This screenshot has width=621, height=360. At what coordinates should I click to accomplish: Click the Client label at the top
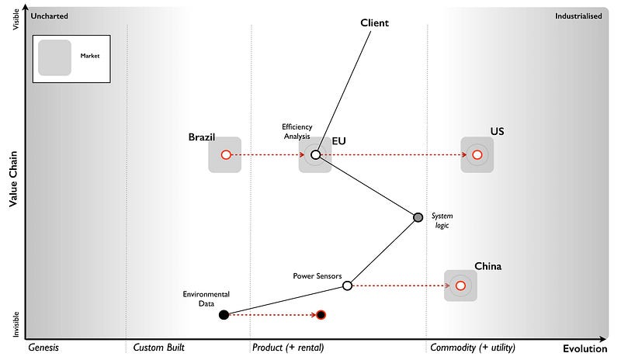pyautogui.click(x=374, y=22)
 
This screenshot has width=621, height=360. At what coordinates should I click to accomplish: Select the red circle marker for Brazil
pyautogui.click(x=225, y=155)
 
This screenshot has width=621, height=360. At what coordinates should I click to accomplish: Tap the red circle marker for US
pyautogui.click(x=477, y=155)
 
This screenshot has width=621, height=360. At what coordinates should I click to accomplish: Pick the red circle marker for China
pyautogui.click(x=460, y=286)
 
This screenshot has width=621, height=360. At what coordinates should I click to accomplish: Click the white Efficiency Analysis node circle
pyautogui.click(x=315, y=155)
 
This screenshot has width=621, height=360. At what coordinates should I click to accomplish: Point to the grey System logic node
pyautogui.click(x=418, y=217)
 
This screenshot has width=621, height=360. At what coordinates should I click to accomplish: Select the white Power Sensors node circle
pyautogui.click(x=347, y=286)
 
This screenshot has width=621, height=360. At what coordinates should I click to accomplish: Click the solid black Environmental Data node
pyautogui.click(x=224, y=315)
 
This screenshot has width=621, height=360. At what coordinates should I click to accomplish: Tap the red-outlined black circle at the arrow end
pyautogui.click(x=321, y=315)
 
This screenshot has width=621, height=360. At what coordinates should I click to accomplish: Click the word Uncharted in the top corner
pyautogui.click(x=50, y=16)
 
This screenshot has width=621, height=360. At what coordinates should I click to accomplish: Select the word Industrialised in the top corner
pyautogui.click(x=578, y=16)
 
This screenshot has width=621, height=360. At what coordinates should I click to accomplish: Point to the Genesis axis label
pyautogui.click(x=43, y=348)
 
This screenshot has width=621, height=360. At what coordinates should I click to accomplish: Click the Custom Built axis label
pyautogui.click(x=159, y=348)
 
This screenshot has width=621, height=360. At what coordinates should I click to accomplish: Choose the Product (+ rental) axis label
pyautogui.click(x=288, y=348)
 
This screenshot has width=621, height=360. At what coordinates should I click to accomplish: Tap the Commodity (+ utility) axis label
pyautogui.click(x=472, y=348)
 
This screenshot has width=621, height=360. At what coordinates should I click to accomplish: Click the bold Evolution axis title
pyautogui.click(x=585, y=348)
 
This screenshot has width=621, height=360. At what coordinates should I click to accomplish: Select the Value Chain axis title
pyautogui.click(x=13, y=179)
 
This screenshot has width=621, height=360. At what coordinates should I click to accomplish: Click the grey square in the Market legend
pyautogui.click(x=54, y=57)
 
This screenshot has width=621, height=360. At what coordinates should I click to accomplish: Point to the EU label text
pyautogui.click(x=339, y=141)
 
